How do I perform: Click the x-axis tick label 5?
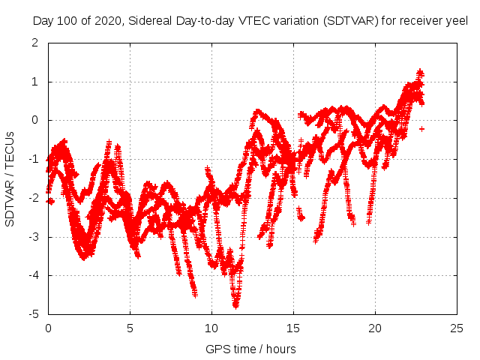[x=130, y=328]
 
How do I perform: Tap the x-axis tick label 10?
[x=211, y=328]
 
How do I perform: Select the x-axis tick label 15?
[x=293, y=328]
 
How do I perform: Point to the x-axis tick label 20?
[x=375, y=328]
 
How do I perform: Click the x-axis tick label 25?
[x=457, y=328]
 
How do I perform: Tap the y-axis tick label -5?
[x=33, y=314]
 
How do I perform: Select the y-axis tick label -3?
[x=33, y=237]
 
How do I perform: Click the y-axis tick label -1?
[x=33, y=159]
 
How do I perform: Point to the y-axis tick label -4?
[x=33, y=275]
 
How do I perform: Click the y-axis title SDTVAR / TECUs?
[x=10, y=178]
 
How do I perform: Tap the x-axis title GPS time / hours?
[x=251, y=349]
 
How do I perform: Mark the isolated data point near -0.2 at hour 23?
[x=421, y=129]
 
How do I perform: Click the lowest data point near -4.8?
[x=235, y=306]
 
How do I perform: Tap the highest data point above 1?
[x=420, y=72]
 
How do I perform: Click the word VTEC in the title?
[x=257, y=20]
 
